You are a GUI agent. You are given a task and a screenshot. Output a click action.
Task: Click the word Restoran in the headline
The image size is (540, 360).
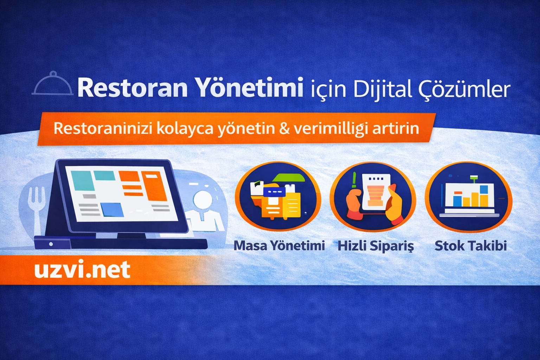[133, 88]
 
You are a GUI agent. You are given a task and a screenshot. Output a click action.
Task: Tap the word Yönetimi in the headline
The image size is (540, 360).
[249, 88]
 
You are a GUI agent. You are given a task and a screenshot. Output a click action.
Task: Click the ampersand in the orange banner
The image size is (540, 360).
[284, 129]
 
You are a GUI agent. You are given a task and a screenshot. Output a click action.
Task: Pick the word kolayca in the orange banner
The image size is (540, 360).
[185, 129]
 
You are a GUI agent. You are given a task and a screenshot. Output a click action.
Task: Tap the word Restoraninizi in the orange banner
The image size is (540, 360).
[103, 128]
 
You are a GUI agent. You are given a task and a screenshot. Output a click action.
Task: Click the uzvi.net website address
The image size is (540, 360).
[82, 270]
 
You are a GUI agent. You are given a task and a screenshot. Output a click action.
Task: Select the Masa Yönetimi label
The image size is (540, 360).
[279, 245]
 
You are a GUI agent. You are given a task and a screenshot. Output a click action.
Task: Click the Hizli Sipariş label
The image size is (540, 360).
[375, 246]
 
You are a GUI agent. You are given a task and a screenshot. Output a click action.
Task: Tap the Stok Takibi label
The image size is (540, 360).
[471, 245]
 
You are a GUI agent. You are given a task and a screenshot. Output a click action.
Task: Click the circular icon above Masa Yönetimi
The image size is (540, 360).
[278, 197]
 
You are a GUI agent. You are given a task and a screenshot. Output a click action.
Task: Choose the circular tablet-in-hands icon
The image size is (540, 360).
[373, 197]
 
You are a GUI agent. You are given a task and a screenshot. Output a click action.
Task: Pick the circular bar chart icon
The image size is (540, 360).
[469, 197]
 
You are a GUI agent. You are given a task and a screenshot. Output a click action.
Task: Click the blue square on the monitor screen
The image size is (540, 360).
[112, 210]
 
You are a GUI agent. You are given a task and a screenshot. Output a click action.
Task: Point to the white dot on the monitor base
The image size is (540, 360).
[51, 244]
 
